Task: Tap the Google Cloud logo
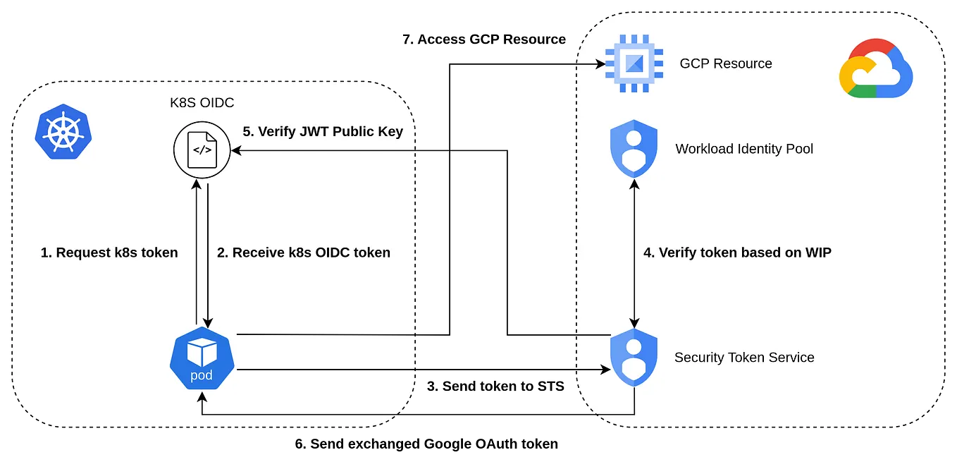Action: point(876,68)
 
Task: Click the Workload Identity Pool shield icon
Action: point(633,149)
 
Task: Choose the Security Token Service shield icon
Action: point(633,357)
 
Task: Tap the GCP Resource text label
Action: point(726,63)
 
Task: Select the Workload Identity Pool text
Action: point(744,149)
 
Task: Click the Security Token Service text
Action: point(744,358)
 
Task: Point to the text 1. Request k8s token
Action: point(109,253)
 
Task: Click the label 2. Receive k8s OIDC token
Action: point(304,253)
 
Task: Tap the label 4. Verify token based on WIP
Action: point(738,253)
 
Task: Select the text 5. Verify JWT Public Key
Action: point(323,131)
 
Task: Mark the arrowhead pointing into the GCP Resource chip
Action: point(600,65)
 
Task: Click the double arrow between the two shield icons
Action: point(636,253)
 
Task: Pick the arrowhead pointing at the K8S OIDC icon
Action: point(237,150)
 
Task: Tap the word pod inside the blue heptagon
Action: point(202,375)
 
